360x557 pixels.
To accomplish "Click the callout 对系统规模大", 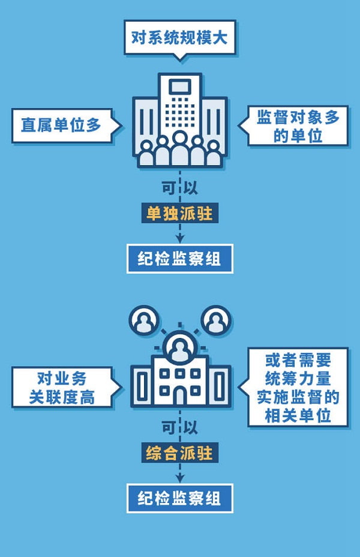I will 180,37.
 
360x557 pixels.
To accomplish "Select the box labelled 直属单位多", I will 61,125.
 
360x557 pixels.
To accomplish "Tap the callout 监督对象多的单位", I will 298,125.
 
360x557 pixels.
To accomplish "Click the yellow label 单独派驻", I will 180,213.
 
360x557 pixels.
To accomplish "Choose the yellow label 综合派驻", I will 180,452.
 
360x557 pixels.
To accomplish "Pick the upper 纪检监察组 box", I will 180,259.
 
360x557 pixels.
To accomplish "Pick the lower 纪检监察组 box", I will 180,498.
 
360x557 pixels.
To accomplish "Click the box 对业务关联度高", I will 62,388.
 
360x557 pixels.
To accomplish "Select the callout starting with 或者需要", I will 298,388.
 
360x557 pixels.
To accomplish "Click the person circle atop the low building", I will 179,347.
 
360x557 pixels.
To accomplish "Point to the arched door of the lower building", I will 179,396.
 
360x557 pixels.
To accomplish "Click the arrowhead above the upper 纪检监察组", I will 180,238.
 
